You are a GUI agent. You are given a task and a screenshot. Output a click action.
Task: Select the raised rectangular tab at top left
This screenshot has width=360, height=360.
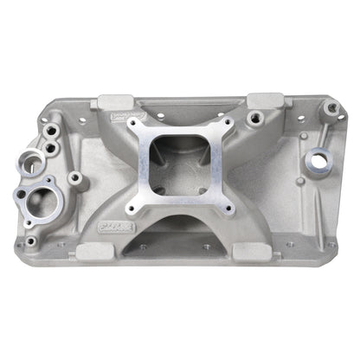tap(113, 102)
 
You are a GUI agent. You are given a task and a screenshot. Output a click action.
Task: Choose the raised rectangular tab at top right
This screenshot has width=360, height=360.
tap(258, 101)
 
